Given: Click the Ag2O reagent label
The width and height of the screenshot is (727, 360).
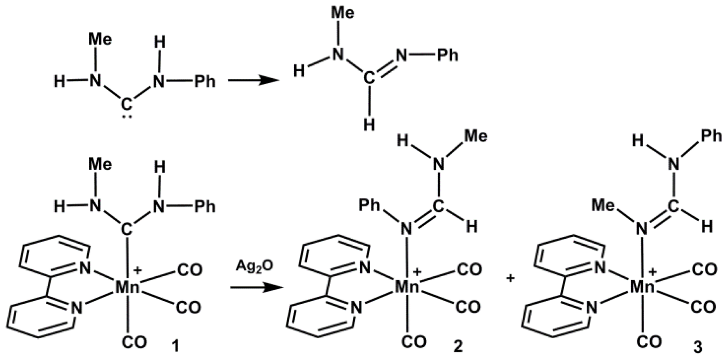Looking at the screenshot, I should (255, 266).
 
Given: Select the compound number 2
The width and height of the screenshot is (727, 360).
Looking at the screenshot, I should (458, 346).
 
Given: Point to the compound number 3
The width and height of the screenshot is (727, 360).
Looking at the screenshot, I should (698, 347).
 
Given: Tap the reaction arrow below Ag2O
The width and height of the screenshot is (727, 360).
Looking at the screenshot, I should (255, 288).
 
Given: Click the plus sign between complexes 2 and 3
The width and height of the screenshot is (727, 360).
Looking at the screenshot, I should (511, 279).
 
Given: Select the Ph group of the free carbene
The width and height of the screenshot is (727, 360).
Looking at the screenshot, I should (204, 81).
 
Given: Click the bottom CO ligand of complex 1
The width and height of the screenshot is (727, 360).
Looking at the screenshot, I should (135, 343).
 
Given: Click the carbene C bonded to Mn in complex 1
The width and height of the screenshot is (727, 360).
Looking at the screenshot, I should (126, 230).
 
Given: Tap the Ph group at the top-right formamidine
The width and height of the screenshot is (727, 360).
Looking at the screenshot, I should (447, 55).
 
